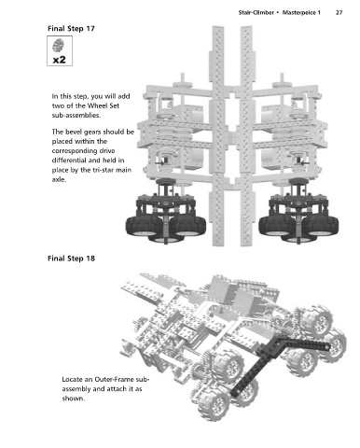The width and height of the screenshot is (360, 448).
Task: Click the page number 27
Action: click(x=339, y=13)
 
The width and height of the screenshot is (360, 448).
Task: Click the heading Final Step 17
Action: click(x=71, y=29)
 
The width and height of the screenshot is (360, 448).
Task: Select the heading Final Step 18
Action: click(x=71, y=259)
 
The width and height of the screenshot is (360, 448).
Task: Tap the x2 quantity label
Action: click(x=60, y=59)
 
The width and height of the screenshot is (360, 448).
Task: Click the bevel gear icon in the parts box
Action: click(x=59, y=45)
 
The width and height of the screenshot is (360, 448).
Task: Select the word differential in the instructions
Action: click(x=68, y=161)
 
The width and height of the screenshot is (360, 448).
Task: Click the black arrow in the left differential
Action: click(x=160, y=162)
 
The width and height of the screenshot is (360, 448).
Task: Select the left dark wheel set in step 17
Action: click(x=165, y=212)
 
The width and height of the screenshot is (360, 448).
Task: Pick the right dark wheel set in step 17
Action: click(x=298, y=212)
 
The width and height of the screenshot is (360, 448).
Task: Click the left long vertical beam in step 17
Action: click(x=218, y=136)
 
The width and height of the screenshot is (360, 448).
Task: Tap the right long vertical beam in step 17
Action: click(x=246, y=136)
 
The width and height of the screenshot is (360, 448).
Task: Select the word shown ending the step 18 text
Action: click(x=73, y=399)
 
